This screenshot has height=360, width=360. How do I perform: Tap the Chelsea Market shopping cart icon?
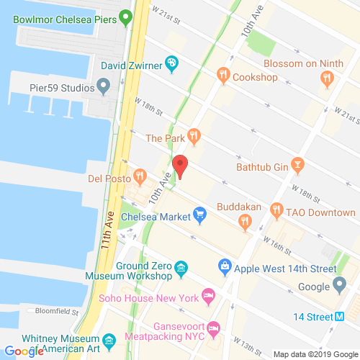(201, 214)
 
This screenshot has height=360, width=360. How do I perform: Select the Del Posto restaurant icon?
(140, 176)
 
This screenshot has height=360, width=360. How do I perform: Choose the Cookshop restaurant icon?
(224, 74)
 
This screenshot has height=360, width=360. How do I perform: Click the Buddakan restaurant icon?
(245, 222)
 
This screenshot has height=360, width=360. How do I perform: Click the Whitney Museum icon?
(109, 340)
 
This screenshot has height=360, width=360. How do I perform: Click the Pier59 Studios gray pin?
(104, 88)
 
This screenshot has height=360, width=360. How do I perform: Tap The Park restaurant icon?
(194, 135)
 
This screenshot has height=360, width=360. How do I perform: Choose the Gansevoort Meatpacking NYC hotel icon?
(214, 329)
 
